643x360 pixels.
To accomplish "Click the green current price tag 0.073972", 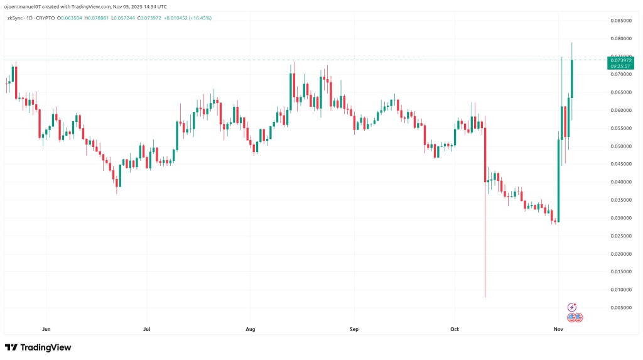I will [620, 60].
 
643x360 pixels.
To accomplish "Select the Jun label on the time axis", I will [45, 329].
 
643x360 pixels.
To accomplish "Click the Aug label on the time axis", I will [251, 329].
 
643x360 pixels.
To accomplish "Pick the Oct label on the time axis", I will [455, 329].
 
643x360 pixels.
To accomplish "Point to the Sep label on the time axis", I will [354, 329].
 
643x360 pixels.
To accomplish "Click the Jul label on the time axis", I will [147, 329].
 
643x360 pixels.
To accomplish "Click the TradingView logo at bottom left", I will [38, 347].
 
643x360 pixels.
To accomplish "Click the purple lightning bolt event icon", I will [572, 307].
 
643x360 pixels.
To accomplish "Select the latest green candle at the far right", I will [572, 79].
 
